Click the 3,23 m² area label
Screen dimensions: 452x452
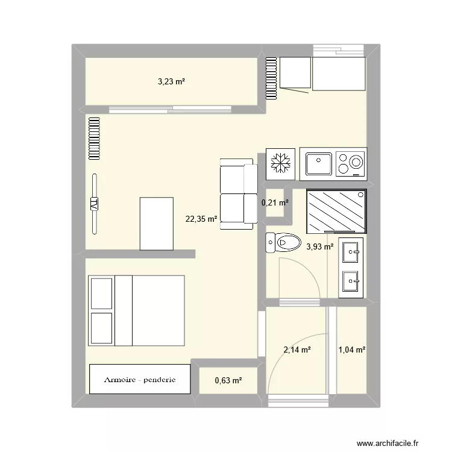(171, 81)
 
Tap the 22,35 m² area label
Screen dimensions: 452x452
(201, 219)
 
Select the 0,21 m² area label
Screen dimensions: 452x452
(275, 203)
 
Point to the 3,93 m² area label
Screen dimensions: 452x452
(320, 246)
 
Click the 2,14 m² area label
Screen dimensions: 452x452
(297, 350)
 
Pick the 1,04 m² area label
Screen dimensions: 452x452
(352, 350)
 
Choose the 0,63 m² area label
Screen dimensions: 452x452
(228, 380)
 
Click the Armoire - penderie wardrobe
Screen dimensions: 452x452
(140, 379)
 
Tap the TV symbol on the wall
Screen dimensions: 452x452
(94, 204)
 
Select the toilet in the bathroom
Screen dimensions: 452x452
(283, 243)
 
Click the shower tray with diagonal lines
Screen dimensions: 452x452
(336, 211)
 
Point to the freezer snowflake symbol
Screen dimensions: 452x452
(280, 163)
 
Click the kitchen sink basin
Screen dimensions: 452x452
(318, 164)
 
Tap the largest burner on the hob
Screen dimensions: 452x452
(356, 162)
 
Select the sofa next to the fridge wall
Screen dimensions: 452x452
(239, 193)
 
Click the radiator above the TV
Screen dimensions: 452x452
(94, 139)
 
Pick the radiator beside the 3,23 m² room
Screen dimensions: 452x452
(271, 78)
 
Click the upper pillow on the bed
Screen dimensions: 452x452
(101, 293)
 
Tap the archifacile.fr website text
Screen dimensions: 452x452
(388, 443)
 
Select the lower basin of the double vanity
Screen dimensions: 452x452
(351, 281)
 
